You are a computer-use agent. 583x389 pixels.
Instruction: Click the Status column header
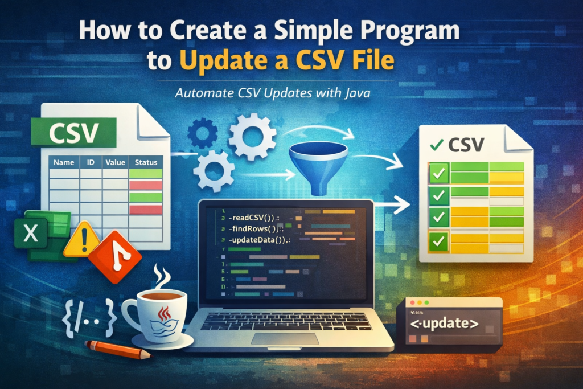pos(146,162)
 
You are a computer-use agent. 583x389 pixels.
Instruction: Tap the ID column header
pos(91,162)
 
